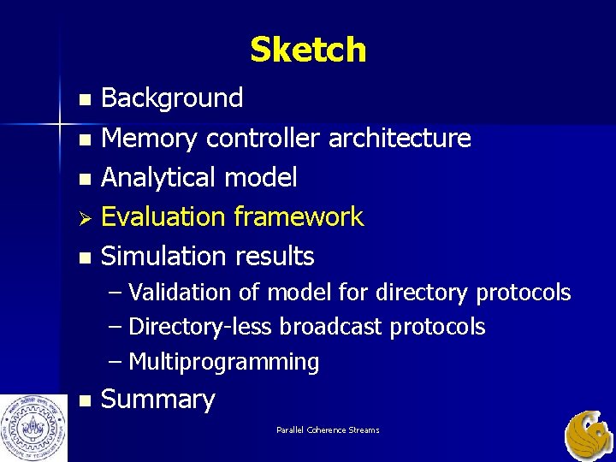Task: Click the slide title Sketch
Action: click(308, 50)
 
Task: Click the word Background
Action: click(172, 98)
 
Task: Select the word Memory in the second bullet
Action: click(150, 138)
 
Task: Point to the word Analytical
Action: click(158, 178)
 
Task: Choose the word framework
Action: click(299, 217)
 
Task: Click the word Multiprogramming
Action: click(223, 362)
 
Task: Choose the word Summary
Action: click(158, 400)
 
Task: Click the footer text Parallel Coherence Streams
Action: click(328, 429)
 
